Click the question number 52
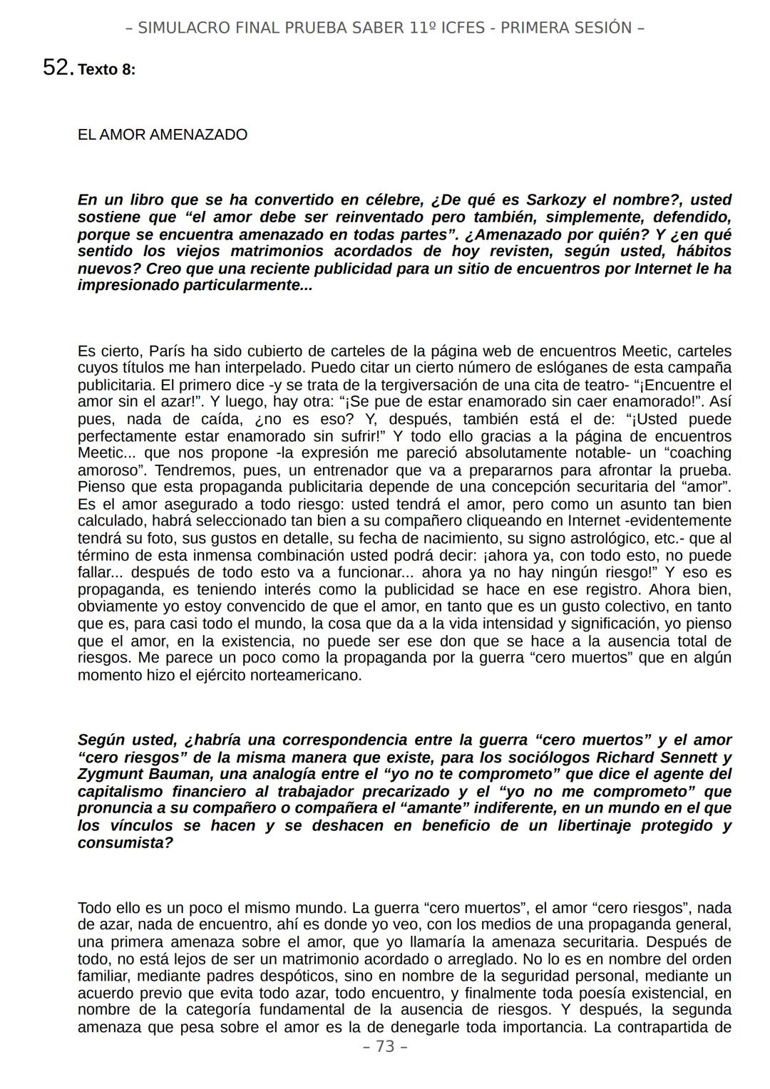pos(56,68)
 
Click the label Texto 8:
pos(106,70)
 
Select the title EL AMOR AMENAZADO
pos(162,135)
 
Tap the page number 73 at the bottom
pos(385,1046)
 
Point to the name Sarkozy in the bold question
pos(556,200)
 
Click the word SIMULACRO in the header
pos(176,28)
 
